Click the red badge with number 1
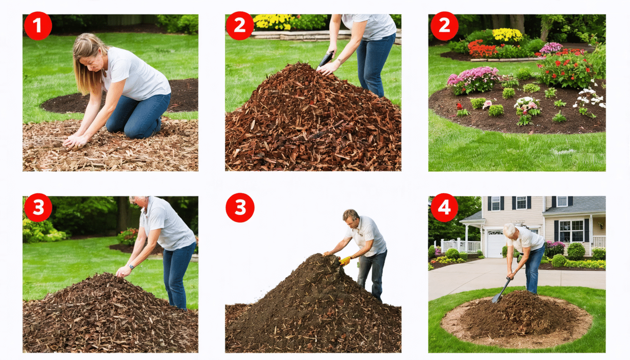(x=37, y=26)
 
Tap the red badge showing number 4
(x=444, y=207)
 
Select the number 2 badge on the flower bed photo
(x=444, y=26)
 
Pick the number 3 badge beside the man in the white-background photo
(x=240, y=207)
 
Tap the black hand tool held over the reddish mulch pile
(x=326, y=59)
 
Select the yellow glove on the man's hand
(x=345, y=261)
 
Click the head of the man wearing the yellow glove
(x=350, y=217)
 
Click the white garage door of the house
(x=495, y=244)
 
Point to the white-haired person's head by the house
(x=510, y=230)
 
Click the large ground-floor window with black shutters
(x=570, y=231)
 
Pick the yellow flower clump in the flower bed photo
(x=507, y=35)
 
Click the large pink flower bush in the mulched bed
(x=473, y=79)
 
